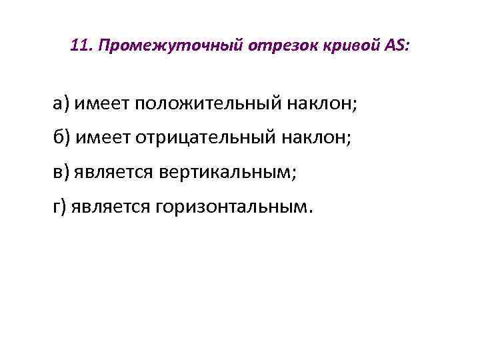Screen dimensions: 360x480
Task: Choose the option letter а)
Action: [x=62, y=103]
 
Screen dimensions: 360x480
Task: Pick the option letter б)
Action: [x=62, y=137]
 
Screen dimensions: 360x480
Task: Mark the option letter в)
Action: [x=61, y=172]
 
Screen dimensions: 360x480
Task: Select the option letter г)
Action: [x=61, y=207]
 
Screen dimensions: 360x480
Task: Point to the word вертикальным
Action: [x=228, y=172]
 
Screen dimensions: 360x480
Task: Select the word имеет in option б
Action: [x=103, y=137]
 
